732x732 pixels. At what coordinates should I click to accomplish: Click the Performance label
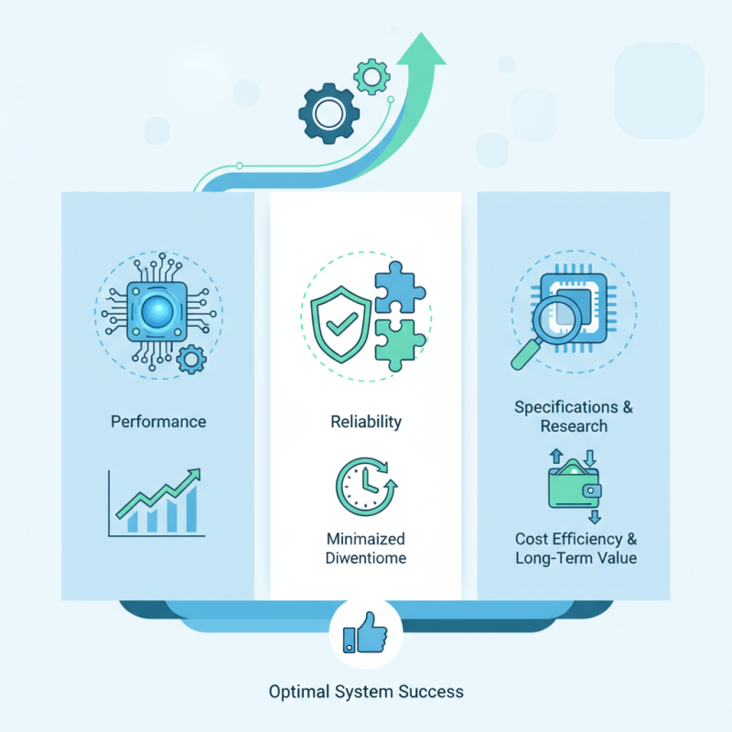158,422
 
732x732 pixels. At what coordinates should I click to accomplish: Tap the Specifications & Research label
574,416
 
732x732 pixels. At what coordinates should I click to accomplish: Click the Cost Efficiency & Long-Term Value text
576,548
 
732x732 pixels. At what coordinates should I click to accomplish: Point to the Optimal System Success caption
366,691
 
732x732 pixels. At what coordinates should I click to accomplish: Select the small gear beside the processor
191,359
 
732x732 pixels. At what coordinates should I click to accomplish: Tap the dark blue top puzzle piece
400,286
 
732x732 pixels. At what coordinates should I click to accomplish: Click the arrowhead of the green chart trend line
194,476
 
